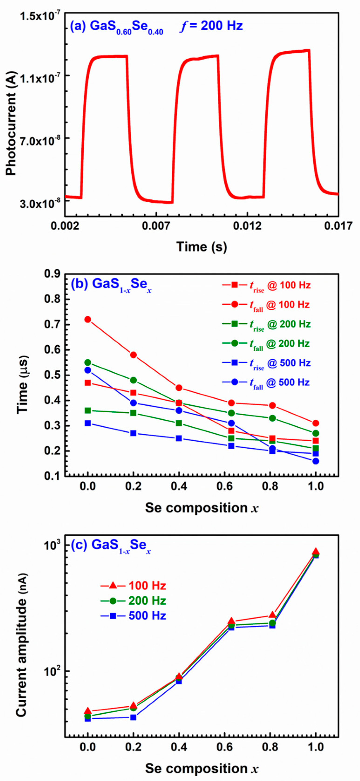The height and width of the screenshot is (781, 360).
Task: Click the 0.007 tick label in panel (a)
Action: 156,226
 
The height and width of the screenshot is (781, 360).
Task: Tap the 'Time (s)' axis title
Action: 202,247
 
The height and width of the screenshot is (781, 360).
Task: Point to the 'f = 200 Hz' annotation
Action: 211,26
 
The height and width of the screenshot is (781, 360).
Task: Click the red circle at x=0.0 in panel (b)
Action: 88,320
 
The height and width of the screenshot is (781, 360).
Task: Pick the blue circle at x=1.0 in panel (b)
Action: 316,461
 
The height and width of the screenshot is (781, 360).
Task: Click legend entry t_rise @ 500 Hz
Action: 280,363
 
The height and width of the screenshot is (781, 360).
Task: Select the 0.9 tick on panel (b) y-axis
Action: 52,274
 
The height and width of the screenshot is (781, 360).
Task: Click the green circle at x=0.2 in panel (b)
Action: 133,380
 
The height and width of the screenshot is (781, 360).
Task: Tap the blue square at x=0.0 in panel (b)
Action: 88,423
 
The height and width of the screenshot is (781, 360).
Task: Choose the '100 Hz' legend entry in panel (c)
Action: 147,586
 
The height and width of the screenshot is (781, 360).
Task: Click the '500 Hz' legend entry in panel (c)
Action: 147,616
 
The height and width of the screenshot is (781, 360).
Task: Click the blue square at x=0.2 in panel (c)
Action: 133,717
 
